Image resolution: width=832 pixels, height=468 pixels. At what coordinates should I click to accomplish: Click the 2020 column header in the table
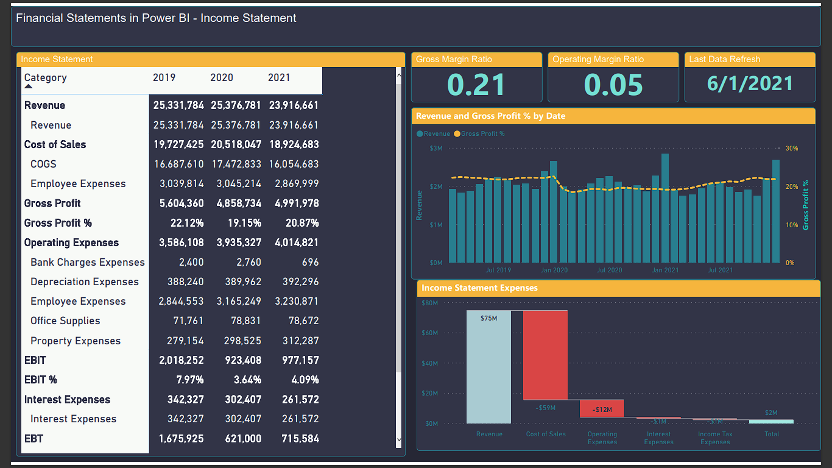[x=222, y=78]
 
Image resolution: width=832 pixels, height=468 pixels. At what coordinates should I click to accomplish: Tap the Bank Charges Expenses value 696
[x=310, y=263]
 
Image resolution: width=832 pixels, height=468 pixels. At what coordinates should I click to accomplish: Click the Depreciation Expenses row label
[x=85, y=282]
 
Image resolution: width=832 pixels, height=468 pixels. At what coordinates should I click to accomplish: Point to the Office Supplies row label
[x=65, y=321]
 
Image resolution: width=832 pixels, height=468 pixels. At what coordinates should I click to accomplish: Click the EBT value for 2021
[x=300, y=439]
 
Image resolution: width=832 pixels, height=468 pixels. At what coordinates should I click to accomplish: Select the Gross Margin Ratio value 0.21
[x=476, y=85]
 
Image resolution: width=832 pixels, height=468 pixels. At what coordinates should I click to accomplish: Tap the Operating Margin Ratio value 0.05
[x=613, y=85]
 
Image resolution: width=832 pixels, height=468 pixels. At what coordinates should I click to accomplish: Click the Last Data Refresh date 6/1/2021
[x=750, y=83]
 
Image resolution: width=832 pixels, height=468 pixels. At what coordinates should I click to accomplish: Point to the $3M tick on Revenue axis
[x=436, y=148]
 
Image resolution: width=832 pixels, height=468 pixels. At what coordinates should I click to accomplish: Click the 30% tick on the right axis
[x=791, y=148]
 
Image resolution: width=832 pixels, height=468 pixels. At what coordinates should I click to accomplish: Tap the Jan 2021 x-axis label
[x=665, y=270]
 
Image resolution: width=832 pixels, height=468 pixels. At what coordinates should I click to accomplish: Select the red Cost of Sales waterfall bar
[x=545, y=355]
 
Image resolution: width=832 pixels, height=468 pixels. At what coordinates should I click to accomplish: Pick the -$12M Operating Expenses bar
[x=602, y=409]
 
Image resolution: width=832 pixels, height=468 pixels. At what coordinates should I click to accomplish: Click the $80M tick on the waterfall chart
[x=429, y=303]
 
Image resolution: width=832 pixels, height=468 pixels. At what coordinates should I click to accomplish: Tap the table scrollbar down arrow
[x=399, y=439]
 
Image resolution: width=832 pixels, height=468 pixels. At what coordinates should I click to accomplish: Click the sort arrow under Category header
[x=29, y=87]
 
